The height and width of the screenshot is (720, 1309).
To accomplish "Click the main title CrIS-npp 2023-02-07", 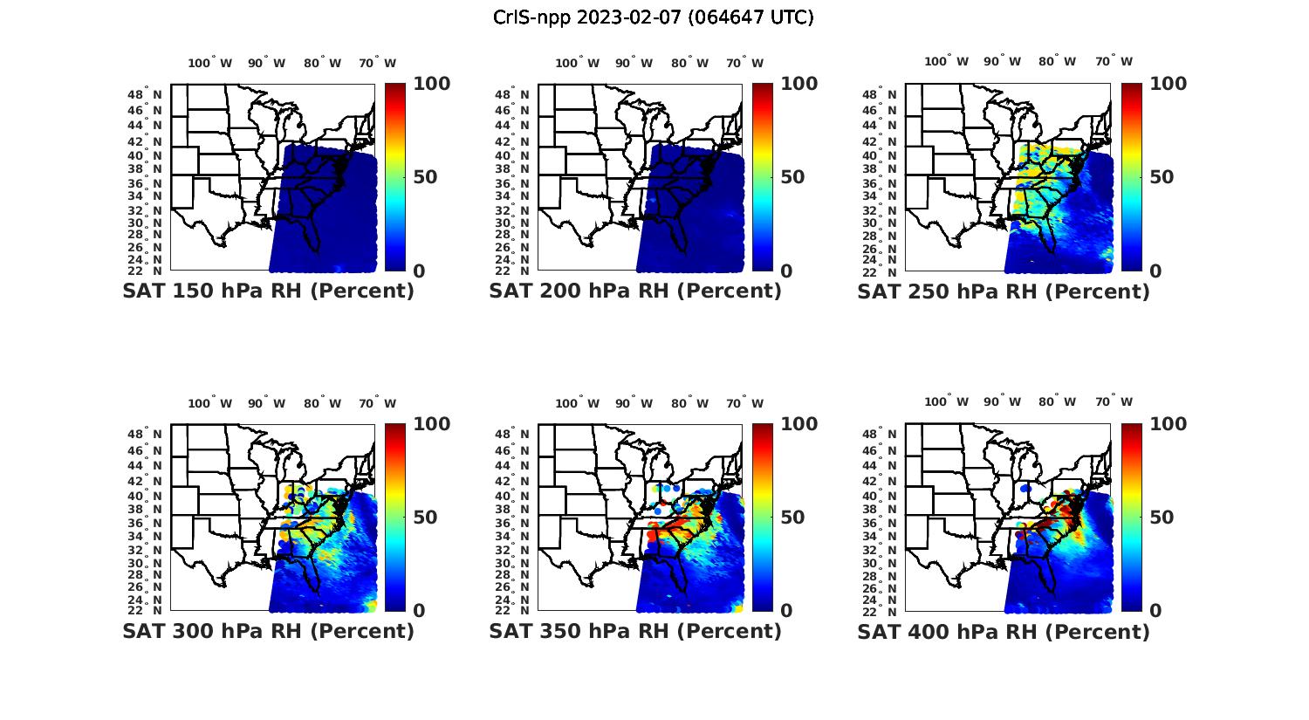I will (653, 17).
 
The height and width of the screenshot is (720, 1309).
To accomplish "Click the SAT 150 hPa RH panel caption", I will (268, 291).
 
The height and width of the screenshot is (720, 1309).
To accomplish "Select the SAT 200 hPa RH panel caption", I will (635, 291).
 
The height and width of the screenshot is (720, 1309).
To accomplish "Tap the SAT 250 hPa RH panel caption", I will (1004, 291).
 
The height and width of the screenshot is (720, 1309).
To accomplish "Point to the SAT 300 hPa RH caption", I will (268, 631).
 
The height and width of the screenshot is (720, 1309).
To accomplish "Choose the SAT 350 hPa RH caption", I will (635, 631).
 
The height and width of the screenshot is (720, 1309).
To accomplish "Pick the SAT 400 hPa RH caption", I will (1004, 631).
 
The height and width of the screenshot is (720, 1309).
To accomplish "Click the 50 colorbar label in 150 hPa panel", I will (425, 177).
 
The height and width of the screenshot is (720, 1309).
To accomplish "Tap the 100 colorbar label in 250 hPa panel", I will (1168, 84).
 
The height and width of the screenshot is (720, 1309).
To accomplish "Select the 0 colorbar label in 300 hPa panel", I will (419, 611).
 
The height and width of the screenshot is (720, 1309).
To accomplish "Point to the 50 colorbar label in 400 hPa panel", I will (1162, 518).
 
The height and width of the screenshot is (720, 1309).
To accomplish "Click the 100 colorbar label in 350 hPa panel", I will (798, 424).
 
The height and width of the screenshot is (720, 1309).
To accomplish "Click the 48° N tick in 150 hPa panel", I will (145, 94).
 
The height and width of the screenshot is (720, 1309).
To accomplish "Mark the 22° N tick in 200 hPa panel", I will (512, 271).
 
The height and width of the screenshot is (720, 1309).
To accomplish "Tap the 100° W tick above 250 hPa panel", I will (947, 62).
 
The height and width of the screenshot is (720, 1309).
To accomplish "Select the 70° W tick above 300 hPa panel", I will (377, 403).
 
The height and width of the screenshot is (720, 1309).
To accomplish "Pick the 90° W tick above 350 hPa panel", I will (634, 403).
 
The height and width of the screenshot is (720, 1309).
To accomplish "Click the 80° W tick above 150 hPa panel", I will (323, 63).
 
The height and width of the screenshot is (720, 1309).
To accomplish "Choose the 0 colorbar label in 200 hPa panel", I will (786, 271).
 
